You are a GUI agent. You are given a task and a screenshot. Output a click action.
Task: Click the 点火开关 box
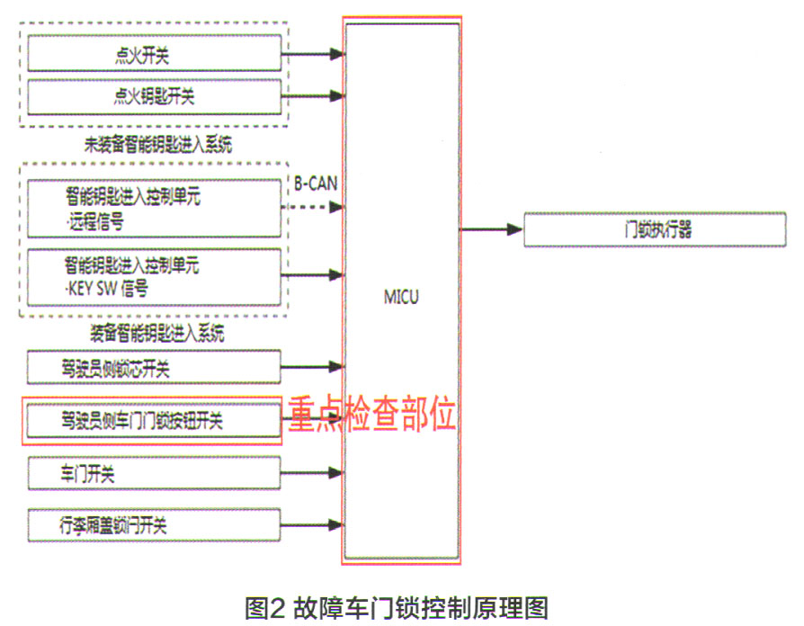pyautogui.click(x=154, y=55)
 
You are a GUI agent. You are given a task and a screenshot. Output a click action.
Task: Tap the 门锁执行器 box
pyautogui.click(x=658, y=230)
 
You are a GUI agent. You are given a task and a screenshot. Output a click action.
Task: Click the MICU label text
pyautogui.click(x=401, y=297)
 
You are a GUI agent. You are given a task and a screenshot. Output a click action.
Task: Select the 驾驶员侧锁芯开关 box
pyautogui.click(x=154, y=368)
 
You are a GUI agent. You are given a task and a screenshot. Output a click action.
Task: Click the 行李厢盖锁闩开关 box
pyautogui.click(x=154, y=524)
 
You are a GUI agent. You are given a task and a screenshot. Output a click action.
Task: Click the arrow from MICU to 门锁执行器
pyautogui.click(x=491, y=230)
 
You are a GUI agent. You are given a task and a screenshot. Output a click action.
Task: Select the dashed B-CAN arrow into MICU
pyautogui.click(x=313, y=207)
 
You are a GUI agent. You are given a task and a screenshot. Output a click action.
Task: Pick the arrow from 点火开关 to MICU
pyautogui.click(x=313, y=55)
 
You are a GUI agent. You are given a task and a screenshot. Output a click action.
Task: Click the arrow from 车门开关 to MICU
pyautogui.click(x=313, y=472)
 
